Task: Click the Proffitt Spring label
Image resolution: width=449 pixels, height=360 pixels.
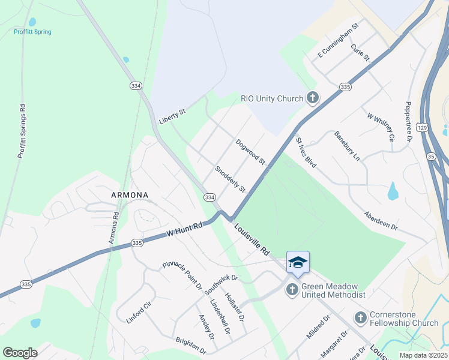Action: [33, 32]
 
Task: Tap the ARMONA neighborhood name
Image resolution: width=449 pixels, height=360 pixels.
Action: [129, 195]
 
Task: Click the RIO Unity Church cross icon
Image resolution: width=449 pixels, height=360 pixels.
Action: [312, 97]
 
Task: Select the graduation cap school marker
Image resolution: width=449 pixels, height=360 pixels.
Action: [298, 262]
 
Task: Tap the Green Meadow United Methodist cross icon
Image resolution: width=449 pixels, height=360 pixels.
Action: [292, 290]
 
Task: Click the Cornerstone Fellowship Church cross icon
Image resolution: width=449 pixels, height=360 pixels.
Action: [361, 318]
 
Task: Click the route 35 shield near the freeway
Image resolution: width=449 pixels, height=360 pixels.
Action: [431, 156]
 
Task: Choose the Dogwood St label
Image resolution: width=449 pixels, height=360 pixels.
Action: [250, 152]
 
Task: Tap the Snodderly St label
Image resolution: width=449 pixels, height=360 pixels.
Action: [231, 179]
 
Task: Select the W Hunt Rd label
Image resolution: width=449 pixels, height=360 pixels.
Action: [185, 229]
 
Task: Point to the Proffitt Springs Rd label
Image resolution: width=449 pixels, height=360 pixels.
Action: [22, 131]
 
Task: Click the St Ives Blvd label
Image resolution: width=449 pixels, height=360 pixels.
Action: [306, 152]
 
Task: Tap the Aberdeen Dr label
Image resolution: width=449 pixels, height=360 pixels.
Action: [381, 221]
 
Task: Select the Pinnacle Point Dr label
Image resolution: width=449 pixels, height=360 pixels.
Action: [182, 275]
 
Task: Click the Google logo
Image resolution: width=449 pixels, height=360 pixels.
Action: [20, 353]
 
